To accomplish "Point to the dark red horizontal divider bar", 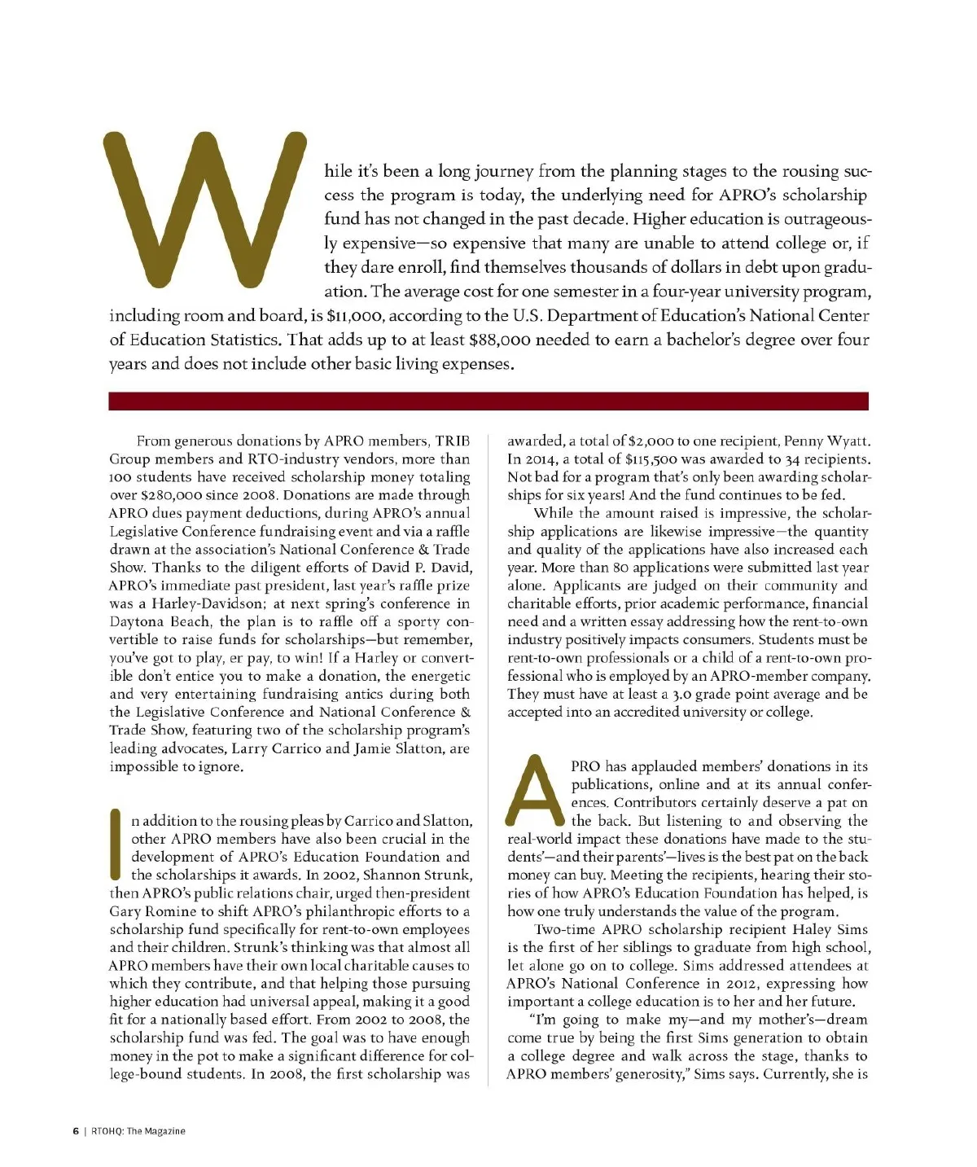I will [x=488, y=401].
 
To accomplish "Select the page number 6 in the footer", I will [x=75, y=1131].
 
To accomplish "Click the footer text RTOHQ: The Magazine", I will [x=138, y=1131].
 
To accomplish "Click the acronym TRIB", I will [x=453, y=441].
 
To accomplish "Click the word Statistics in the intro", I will [x=243, y=340].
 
